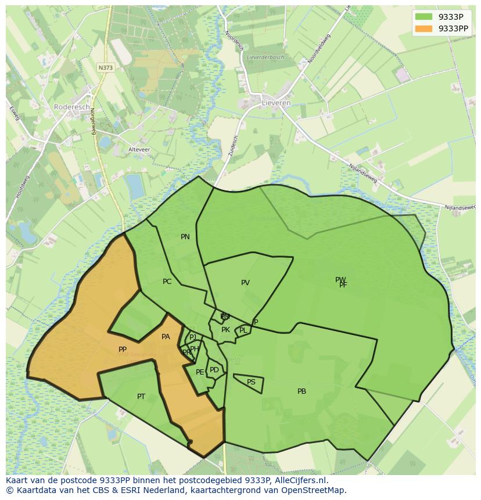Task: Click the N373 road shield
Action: point(106,67)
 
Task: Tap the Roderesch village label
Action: point(71,107)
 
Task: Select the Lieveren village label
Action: point(277,103)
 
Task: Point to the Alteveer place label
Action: point(139,149)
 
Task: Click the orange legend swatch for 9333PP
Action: point(424,28)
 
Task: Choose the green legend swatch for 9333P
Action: point(424,17)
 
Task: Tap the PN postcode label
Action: point(185,237)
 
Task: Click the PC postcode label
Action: point(167,282)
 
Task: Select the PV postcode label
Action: point(245,283)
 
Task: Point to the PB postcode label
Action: point(301,391)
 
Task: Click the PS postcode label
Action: point(251,382)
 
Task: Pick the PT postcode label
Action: point(141,397)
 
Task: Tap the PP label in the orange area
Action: point(123,350)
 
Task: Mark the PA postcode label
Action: point(166,337)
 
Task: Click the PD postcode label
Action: point(214,370)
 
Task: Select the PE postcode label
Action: point(200,372)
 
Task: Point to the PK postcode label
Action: point(225,330)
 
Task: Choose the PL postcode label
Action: point(243,330)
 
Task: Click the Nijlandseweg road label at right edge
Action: point(460,207)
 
